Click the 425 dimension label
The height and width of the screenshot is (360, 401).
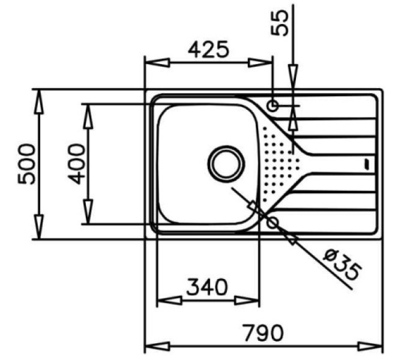208,49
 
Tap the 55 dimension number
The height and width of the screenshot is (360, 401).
280,23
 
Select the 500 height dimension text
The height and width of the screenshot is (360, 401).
26,164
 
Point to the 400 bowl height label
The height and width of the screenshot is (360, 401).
77,164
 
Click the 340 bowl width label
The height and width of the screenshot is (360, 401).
207,287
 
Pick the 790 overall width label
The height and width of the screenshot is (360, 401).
264,333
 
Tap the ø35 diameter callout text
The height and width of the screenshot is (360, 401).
343,265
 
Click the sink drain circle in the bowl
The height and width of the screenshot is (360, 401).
226,164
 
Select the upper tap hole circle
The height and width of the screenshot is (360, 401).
273,106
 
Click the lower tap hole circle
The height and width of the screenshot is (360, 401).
272,223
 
